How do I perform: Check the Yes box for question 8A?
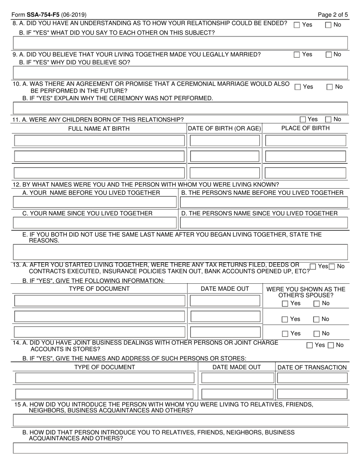[297, 25]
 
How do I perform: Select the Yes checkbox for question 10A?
[298, 87]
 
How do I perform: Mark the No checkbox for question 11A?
[329, 120]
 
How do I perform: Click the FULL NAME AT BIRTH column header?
[99, 129]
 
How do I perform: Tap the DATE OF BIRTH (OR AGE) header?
[225, 128]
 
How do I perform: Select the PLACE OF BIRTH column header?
[305, 128]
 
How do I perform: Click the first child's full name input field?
[99, 141]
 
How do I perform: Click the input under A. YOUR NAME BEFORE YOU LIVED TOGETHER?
[95, 202]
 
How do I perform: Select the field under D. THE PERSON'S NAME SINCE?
[263, 222]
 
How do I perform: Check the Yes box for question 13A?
[313, 267]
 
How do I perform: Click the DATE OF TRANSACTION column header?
[312, 367]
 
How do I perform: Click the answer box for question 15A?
[180, 420]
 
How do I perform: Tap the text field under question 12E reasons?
[180, 251]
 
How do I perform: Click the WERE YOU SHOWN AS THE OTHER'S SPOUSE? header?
[306, 292]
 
